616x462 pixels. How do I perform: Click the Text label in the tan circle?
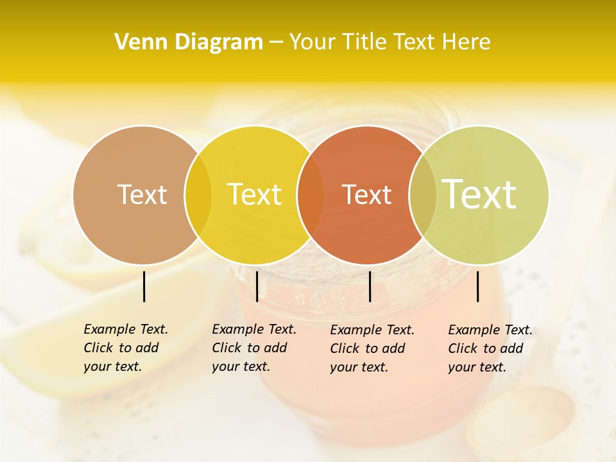[x=142, y=194]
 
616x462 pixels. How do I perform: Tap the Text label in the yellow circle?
[x=254, y=194]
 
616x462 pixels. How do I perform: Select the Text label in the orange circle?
[x=366, y=194]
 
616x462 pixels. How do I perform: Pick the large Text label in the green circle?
[x=479, y=194]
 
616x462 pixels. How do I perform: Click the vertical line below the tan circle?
[x=144, y=286]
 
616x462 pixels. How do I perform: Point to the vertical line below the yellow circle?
[x=257, y=286]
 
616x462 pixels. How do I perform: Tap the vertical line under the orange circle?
[x=370, y=286]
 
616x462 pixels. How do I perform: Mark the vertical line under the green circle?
[x=478, y=286]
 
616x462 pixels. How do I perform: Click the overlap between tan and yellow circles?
[x=198, y=195]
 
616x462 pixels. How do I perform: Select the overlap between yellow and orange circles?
[x=311, y=195]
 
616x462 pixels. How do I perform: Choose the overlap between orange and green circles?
[x=422, y=195]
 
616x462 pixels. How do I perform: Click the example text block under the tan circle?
[x=126, y=348]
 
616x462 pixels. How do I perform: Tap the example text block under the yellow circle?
[x=254, y=348]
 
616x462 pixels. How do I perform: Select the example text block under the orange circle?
[x=372, y=348]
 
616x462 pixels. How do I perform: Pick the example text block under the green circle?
[x=490, y=348]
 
